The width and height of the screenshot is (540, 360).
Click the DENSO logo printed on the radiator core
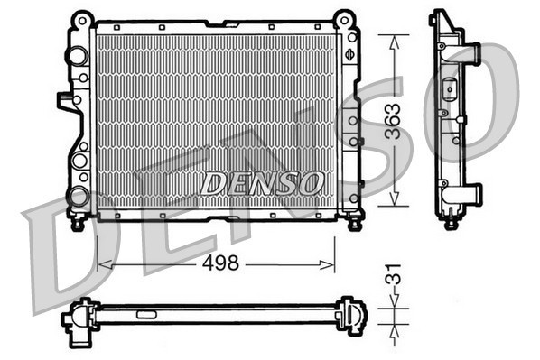(262, 183)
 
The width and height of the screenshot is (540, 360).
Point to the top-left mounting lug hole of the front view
(82, 18)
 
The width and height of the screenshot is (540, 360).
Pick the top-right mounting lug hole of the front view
(343, 18)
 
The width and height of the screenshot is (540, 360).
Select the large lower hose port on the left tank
(79, 195)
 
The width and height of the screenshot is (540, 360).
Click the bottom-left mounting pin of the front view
(78, 219)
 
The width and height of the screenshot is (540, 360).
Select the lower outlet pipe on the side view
(470, 193)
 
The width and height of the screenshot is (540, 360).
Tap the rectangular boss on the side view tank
(450, 90)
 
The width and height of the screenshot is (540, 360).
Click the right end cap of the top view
(350, 316)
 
